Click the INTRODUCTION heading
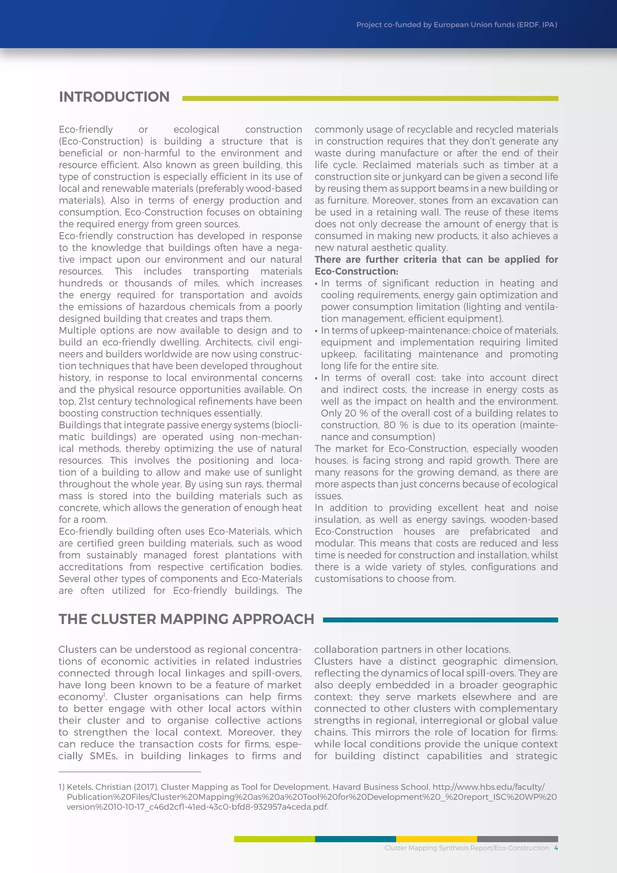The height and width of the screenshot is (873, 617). (114, 97)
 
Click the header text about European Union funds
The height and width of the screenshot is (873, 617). (456, 25)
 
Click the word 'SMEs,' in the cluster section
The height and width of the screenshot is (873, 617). (103, 756)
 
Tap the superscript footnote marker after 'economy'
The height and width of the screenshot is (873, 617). (104, 694)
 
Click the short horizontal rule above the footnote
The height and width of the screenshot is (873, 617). (130, 772)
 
